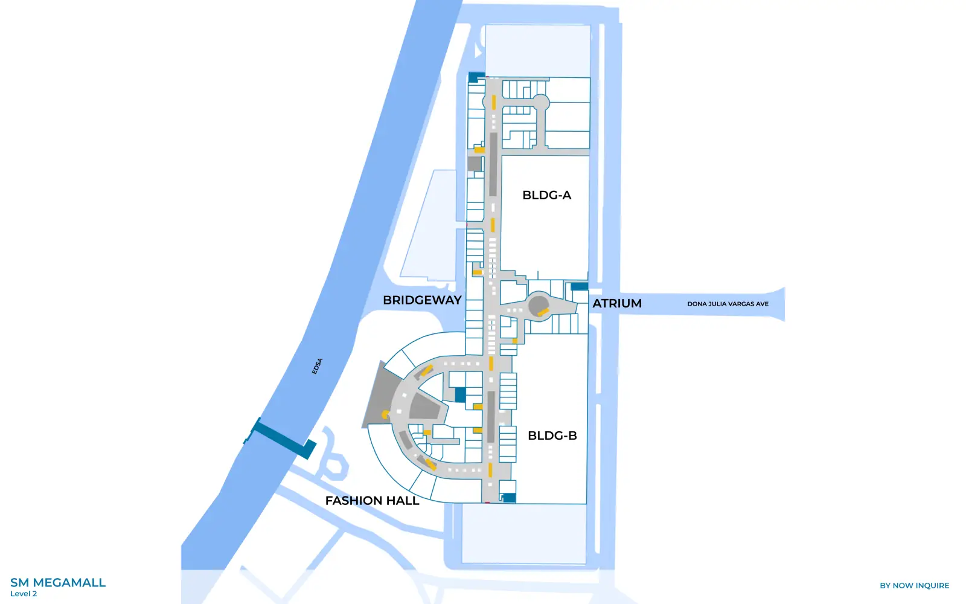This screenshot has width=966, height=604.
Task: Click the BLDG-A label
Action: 546,195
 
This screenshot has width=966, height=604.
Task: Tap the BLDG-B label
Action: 552,435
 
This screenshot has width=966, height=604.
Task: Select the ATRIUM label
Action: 616,303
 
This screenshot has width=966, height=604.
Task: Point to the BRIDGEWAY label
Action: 422,300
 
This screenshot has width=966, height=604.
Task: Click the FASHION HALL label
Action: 372,501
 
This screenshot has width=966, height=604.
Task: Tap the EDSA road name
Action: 318,366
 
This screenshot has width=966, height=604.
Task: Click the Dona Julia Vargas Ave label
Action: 728,304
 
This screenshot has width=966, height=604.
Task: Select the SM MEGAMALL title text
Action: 58,583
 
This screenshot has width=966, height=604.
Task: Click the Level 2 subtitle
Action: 24,594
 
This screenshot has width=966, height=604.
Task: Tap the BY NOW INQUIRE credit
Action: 914,585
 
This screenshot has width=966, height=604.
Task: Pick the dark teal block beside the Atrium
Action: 579,286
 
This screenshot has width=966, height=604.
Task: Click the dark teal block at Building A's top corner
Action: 476,77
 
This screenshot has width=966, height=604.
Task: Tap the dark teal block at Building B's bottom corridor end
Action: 509,498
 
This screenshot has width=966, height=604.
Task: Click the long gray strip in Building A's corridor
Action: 493,164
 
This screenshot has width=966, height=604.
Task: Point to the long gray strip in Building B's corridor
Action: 491,417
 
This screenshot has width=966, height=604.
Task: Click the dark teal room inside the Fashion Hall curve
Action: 460,395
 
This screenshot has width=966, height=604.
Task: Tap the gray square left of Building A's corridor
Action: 475,164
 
